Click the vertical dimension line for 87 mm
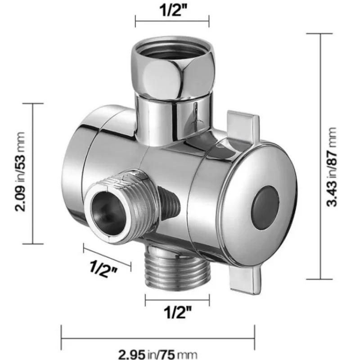click(320, 156)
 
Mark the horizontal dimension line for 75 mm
click(158, 337)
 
